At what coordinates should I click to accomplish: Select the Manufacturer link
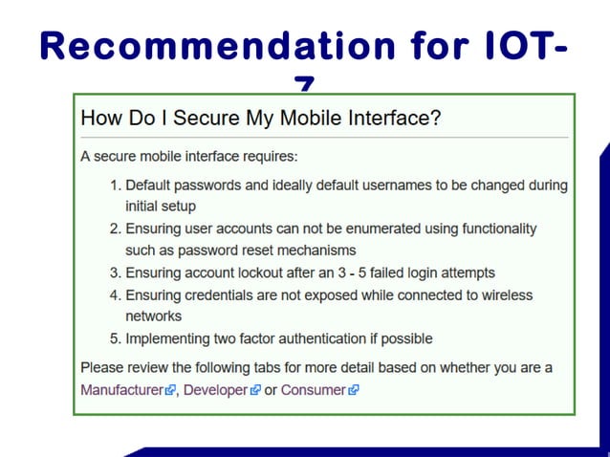pyautogui.click(x=121, y=390)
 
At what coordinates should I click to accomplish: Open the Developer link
pyautogui.click(x=215, y=390)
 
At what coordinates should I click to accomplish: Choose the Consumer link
pyautogui.click(x=313, y=390)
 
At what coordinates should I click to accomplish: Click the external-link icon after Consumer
pyautogui.click(x=354, y=390)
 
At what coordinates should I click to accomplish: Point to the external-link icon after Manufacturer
pyautogui.click(x=170, y=390)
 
